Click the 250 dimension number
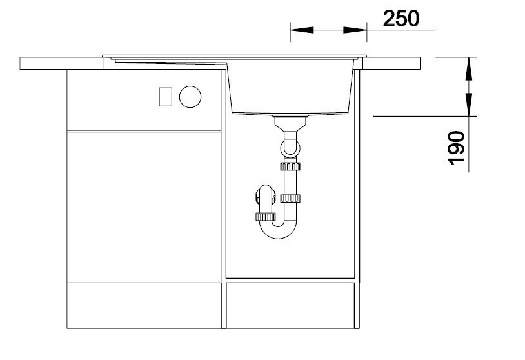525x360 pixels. point(401,19)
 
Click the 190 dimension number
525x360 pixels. point(456,148)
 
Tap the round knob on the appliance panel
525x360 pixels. point(190,97)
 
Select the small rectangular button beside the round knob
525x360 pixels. point(165,97)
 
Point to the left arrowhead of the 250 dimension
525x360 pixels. point(302,30)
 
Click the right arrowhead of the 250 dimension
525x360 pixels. point(355,30)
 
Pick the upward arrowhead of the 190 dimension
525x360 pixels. point(469,68)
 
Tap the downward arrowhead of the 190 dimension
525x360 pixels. point(469,105)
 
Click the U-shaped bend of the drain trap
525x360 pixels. point(278,232)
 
